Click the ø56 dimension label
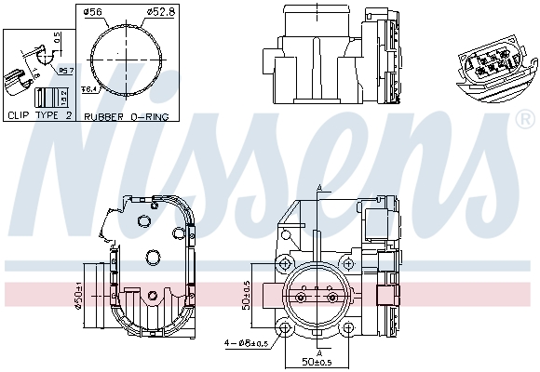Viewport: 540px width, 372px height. point(92,12)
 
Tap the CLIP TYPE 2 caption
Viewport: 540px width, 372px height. point(39,116)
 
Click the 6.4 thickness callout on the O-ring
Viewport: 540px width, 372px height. point(90,89)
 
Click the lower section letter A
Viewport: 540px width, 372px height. point(318,352)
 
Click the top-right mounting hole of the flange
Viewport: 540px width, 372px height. point(348,262)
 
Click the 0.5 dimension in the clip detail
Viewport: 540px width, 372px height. point(56,38)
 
